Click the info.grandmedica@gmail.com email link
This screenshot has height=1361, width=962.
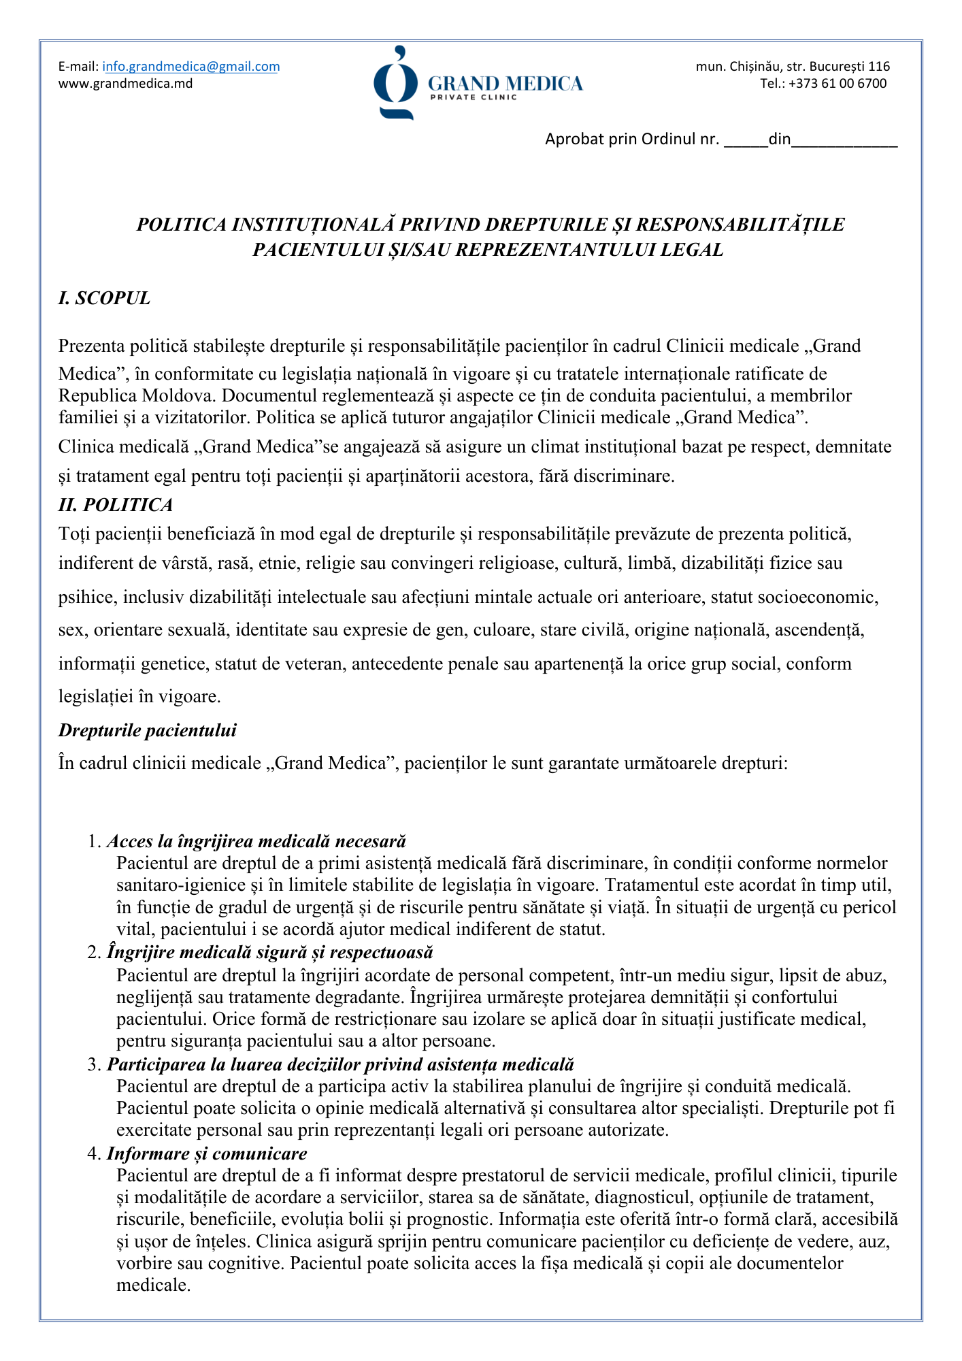[191, 67]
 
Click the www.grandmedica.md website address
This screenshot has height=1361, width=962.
[125, 84]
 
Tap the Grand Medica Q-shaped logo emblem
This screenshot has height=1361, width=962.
[395, 83]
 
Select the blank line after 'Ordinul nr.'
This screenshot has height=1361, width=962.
[746, 142]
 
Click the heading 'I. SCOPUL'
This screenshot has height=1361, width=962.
[104, 299]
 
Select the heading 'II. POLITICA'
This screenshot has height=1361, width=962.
[116, 505]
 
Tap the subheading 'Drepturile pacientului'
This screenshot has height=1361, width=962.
[148, 731]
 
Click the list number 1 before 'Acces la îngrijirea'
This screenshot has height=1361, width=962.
[93, 842]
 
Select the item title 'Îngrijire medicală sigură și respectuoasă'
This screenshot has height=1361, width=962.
[269, 952]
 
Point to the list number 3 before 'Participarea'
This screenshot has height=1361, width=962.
[93, 1064]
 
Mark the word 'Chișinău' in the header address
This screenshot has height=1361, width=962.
[754, 67]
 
